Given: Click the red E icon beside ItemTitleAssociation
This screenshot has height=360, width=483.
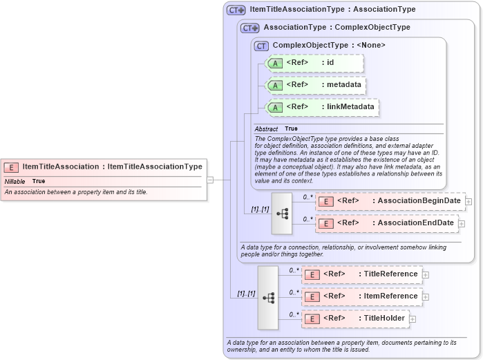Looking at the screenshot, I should (x=11, y=167).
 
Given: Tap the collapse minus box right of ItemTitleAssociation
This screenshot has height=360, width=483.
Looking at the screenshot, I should (x=210, y=180).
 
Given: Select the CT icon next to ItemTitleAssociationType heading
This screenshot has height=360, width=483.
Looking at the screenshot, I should (x=236, y=10).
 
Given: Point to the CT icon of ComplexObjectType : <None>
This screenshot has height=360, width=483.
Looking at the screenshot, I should (x=261, y=46).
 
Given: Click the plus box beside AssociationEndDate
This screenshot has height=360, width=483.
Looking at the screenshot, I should (x=462, y=223).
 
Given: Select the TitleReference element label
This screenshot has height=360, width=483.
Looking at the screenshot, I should (x=390, y=274).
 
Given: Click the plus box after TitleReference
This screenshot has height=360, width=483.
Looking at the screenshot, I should (x=426, y=274).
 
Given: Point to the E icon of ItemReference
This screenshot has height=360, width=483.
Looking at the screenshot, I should (x=312, y=296).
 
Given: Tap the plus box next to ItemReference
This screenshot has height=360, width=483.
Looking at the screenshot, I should (x=426, y=296).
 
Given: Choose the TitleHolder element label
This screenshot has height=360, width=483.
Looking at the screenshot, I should (x=384, y=319).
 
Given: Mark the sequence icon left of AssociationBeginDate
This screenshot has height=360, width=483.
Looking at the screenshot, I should (x=283, y=214).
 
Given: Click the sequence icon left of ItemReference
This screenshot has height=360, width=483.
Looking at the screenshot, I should (x=268, y=298).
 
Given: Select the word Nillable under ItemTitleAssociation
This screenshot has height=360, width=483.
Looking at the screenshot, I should (x=15, y=181).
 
